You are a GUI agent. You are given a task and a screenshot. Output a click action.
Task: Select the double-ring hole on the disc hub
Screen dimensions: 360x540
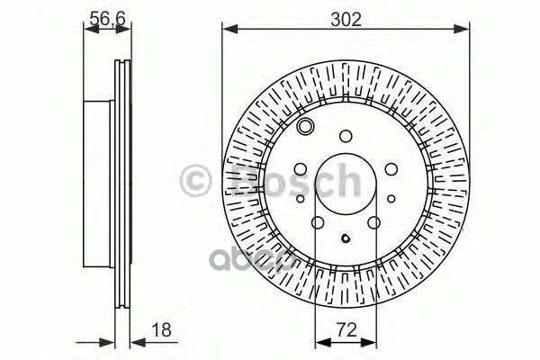(x=306, y=127)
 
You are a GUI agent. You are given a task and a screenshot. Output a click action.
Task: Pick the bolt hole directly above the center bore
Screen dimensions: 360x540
(x=346, y=137)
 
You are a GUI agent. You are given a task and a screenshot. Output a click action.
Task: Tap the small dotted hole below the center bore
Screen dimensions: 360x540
(x=346, y=239)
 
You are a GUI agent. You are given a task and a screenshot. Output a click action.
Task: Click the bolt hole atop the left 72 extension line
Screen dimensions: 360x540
(x=317, y=224)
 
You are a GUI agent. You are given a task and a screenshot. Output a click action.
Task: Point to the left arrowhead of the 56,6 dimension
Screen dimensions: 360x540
(x=88, y=30)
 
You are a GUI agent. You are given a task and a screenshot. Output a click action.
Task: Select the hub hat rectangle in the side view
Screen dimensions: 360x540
(x=100, y=179)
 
